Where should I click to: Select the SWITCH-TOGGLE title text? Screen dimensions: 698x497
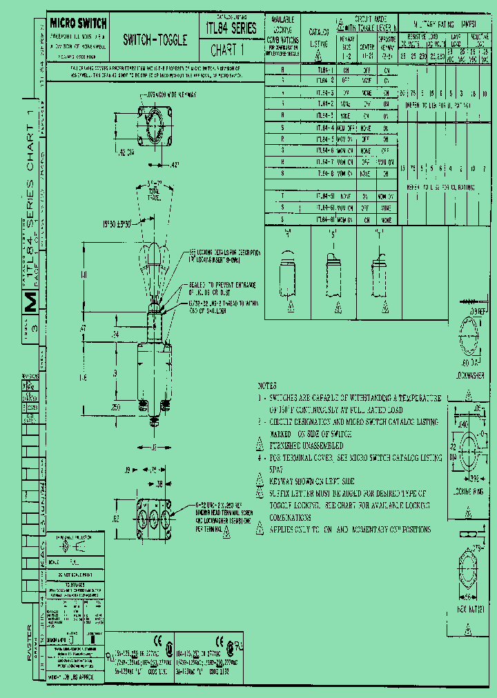point(155,41)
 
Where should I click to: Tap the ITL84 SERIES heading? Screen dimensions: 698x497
point(231,28)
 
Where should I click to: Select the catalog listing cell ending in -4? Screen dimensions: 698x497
point(324,128)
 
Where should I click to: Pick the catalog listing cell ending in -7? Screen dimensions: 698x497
point(324,162)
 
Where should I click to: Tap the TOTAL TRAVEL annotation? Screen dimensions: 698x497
point(154,192)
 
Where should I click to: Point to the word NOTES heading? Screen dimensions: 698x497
point(267,386)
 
